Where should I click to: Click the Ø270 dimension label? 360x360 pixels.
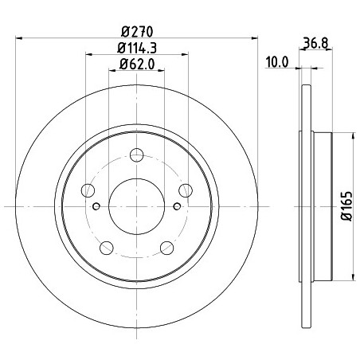137,32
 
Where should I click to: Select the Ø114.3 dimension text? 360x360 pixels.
137,48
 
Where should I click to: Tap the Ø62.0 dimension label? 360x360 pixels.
137,64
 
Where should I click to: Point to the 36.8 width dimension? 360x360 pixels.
315,43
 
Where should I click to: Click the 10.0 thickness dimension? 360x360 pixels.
277,63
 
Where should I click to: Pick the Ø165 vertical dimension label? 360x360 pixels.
346,205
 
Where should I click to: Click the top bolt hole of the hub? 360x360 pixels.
137,155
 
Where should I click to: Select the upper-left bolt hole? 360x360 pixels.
88,190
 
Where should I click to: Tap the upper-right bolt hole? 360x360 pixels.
186,190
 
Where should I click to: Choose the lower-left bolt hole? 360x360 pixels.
107,248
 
